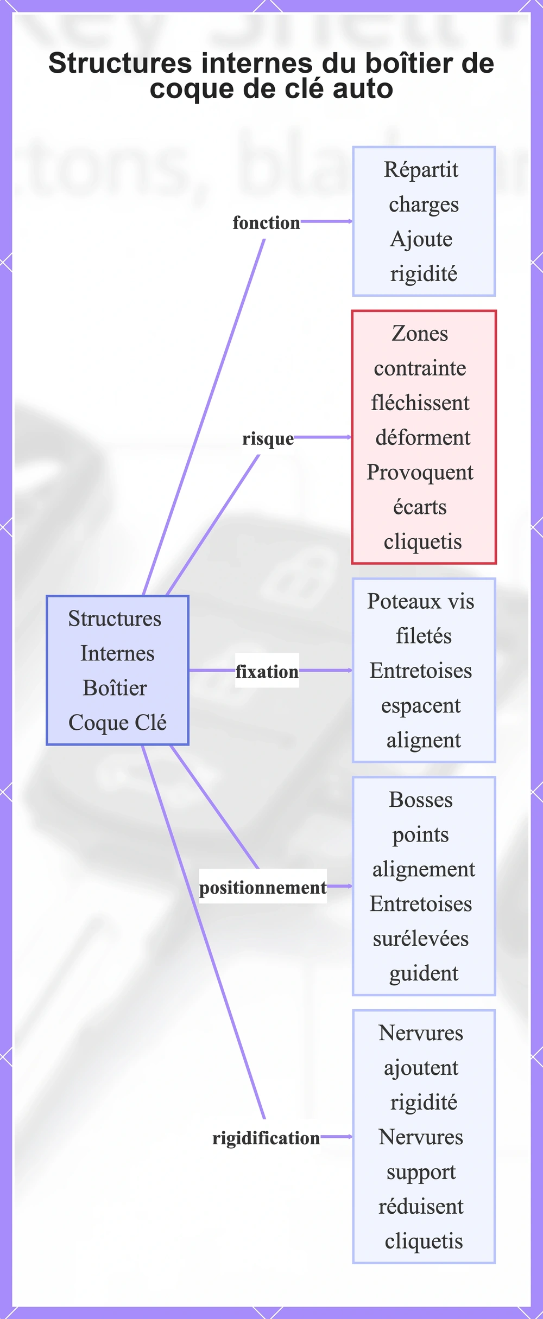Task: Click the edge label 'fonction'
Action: tap(266, 222)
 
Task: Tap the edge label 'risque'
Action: tap(268, 438)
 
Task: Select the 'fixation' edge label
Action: tap(267, 672)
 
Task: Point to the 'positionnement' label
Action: tap(263, 888)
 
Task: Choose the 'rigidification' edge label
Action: tap(266, 1138)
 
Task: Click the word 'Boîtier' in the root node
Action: tap(115, 688)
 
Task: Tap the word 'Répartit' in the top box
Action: tap(421, 170)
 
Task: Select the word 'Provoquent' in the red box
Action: tap(420, 473)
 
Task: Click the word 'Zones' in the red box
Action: tap(420, 334)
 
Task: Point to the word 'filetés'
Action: tap(424, 636)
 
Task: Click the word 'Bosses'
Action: tap(421, 800)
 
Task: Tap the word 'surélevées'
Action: tap(421, 939)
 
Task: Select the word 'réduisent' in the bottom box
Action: tap(421, 1207)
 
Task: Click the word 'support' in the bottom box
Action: tap(421, 1173)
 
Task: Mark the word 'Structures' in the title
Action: tap(121, 63)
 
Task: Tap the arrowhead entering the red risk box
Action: tap(349, 437)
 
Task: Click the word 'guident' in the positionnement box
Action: tap(424, 974)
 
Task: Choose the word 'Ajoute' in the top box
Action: tap(421, 239)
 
